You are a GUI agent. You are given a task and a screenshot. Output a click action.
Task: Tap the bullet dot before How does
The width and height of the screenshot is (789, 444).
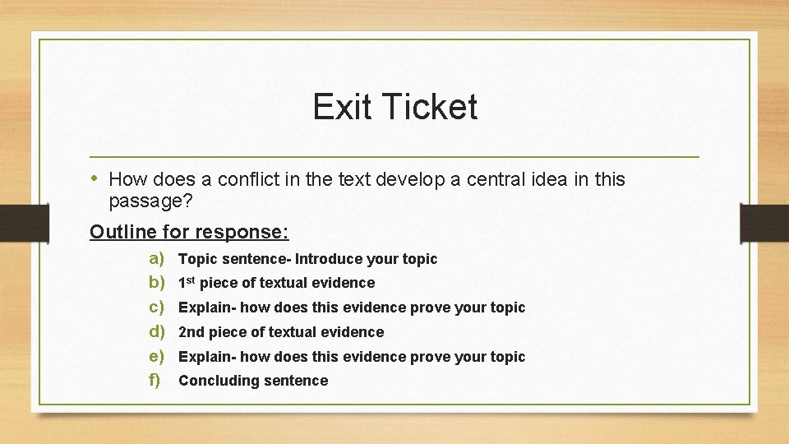tap(95, 178)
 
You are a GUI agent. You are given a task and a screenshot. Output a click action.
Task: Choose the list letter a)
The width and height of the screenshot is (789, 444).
tap(157, 258)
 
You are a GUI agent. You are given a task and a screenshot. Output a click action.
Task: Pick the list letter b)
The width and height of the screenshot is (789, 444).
tap(157, 282)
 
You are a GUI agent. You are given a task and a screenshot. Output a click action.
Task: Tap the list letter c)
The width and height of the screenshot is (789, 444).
tap(157, 307)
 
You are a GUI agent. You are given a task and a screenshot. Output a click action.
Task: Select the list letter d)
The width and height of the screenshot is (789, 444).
tap(157, 331)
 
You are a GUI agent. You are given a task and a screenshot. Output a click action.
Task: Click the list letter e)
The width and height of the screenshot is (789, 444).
tap(157, 356)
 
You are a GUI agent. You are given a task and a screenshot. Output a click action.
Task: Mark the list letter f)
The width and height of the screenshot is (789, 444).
tap(155, 380)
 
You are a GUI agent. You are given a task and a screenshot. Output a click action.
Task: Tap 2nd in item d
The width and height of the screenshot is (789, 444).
tap(191, 332)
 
